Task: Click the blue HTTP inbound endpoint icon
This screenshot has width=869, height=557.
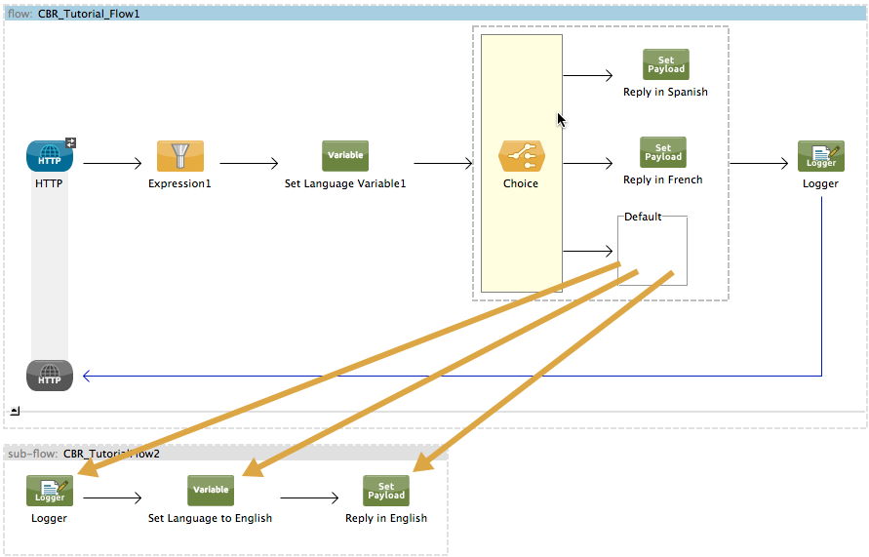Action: (x=50, y=157)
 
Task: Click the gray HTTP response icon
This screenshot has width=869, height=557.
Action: (x=50, y=375)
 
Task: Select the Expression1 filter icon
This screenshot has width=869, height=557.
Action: (x=180, y=156)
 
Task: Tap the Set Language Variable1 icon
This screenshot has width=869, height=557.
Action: (x=345, y=156)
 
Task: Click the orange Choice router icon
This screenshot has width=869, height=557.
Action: (x=522, y=156)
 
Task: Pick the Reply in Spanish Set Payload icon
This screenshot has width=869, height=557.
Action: (x=665, y=64)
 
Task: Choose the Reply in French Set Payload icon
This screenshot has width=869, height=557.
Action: (x=663, y=152)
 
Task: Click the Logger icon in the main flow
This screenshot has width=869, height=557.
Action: (x=820, y=156)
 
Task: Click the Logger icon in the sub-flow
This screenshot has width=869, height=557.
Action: (x=50, y=491)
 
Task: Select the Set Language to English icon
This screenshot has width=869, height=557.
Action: (x=211, y=491)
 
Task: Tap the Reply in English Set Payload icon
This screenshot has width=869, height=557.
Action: (x=386, y=491)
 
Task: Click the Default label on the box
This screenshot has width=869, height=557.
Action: (x=643, y=217)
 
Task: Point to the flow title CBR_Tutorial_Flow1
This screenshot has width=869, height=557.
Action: (x=89, y=14)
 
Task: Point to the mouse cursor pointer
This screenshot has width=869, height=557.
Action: (x=561, y=119)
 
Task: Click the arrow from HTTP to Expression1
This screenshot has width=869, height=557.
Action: (x=111, y=164)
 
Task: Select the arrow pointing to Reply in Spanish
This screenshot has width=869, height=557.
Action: (x=587, y=75)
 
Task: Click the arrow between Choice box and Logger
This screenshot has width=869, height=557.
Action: (x=758, y=164)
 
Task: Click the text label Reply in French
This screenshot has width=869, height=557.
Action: (x=662, y=179)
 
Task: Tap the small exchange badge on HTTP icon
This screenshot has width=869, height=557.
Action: (x=70, y=142)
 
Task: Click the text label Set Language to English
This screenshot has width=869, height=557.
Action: (x=210, y=518)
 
